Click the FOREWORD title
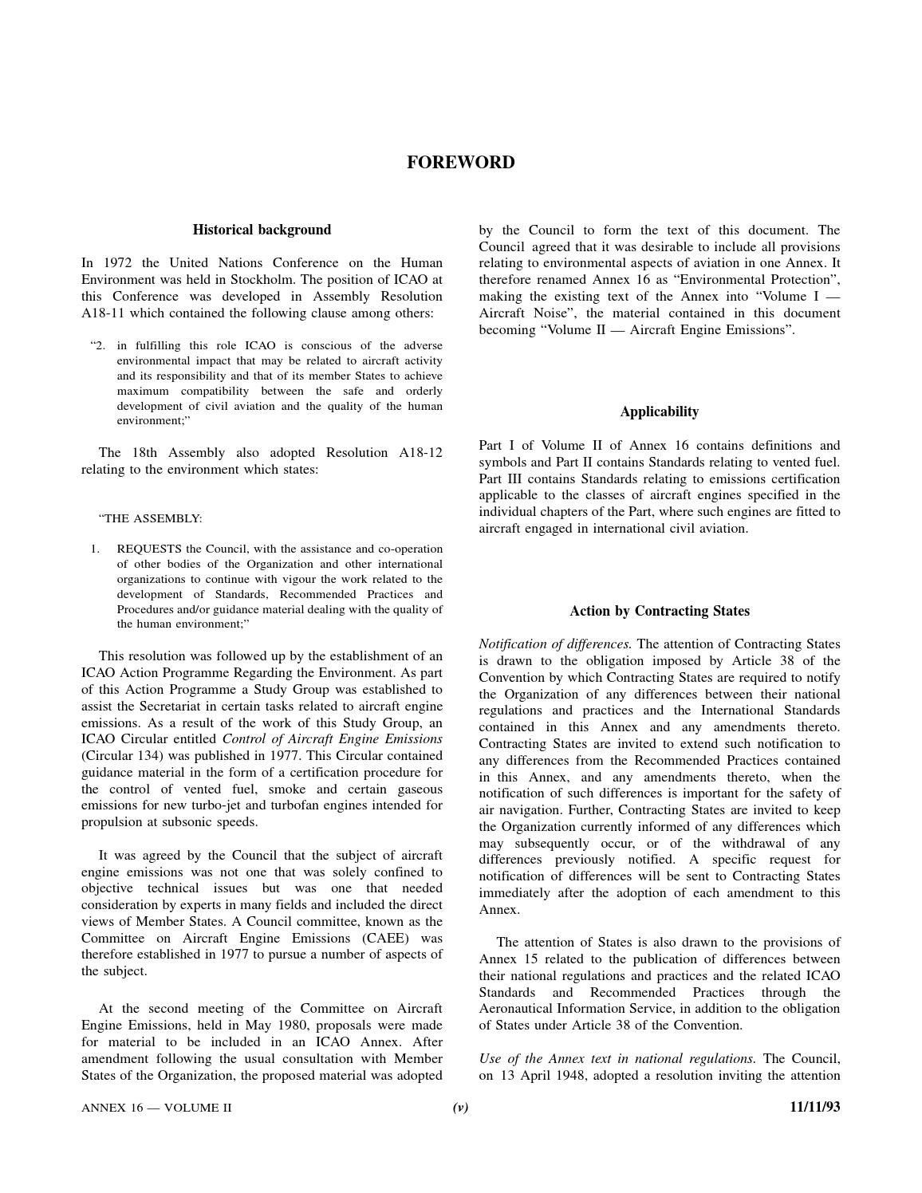click(460, 163)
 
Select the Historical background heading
click(262, 230)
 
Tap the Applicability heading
click(659, 411)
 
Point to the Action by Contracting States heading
click(659, 611)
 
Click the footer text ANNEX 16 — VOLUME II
click(156, 1107)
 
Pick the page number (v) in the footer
click(460, 1107)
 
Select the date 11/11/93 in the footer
click(814, 1107)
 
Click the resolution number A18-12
click(420, 453)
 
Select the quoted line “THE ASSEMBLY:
click(151, 519)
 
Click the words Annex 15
click(508, 959)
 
